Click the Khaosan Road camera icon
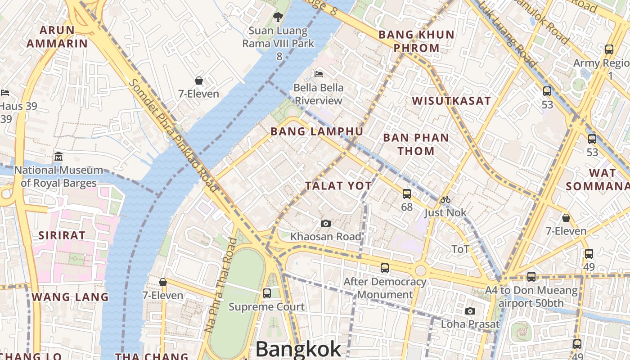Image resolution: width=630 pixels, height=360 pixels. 326,224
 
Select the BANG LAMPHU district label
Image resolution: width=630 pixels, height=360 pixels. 316,131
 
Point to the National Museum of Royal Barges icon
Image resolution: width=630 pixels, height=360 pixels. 58,157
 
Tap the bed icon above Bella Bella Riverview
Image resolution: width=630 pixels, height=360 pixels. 319,74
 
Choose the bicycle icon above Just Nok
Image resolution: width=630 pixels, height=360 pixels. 445,199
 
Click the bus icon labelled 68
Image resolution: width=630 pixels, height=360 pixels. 407,194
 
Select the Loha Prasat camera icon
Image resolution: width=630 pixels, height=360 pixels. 470,311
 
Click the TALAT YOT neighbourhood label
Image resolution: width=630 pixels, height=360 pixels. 338,186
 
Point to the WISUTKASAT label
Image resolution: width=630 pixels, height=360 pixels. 451,101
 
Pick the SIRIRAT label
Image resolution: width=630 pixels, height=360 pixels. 62,235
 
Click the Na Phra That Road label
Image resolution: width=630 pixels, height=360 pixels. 220,285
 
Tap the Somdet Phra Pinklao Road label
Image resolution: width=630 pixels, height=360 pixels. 173,135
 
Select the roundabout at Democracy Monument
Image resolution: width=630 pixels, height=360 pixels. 420,270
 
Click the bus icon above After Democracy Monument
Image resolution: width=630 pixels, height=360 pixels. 385,268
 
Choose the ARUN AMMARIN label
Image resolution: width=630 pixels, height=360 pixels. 57,37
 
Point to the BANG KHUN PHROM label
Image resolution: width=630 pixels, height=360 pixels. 416,41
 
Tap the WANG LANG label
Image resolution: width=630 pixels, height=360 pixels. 70,297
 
